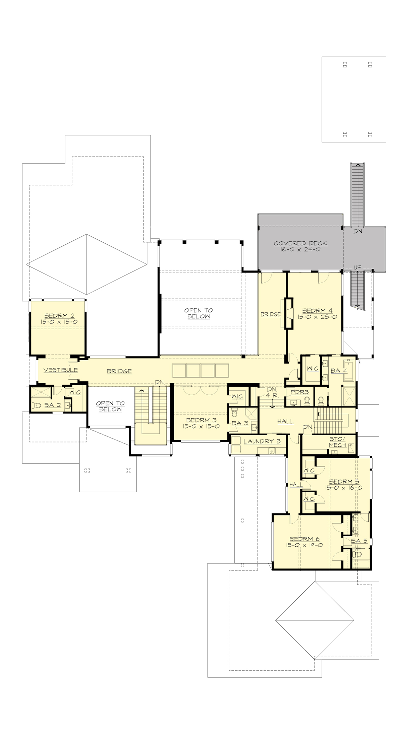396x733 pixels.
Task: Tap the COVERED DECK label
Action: [x=300, y=243]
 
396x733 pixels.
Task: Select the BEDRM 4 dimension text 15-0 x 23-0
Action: [x=317, y=316]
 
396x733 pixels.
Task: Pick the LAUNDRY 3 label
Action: [x=262, y=441]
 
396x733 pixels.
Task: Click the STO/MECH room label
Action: [x=337, y=442]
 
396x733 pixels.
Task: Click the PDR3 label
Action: [x=299, y=392]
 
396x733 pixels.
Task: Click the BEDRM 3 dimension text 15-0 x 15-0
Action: [x=201, y=426]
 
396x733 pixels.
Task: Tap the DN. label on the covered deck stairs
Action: [x=358, y=232]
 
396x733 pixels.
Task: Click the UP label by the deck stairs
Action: [x=358, y=267]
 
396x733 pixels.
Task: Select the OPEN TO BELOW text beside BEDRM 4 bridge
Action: [x=199, y=313]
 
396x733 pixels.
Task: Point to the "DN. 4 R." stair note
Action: [x=272, y=392]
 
